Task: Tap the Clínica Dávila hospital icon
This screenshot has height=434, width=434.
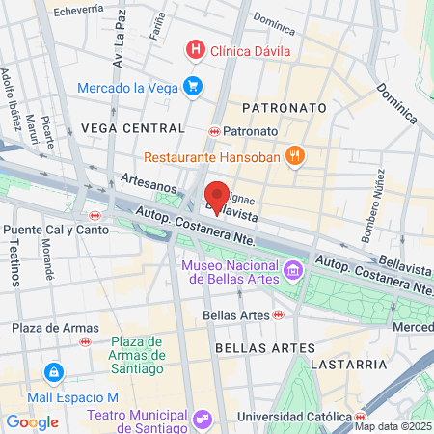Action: pos(196,48)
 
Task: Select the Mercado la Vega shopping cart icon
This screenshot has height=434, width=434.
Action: pos(193,86)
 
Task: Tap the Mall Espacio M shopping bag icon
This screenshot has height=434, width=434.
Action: pos(53,372)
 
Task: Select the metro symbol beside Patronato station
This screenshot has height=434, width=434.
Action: pos(214,131)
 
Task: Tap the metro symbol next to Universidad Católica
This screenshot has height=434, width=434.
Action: pos(360,417)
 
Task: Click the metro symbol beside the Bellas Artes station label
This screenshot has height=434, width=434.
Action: pos(278,314)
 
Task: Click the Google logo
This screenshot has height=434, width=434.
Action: pos(32,421)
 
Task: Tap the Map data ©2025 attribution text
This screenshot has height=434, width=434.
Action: pos(393,426)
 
